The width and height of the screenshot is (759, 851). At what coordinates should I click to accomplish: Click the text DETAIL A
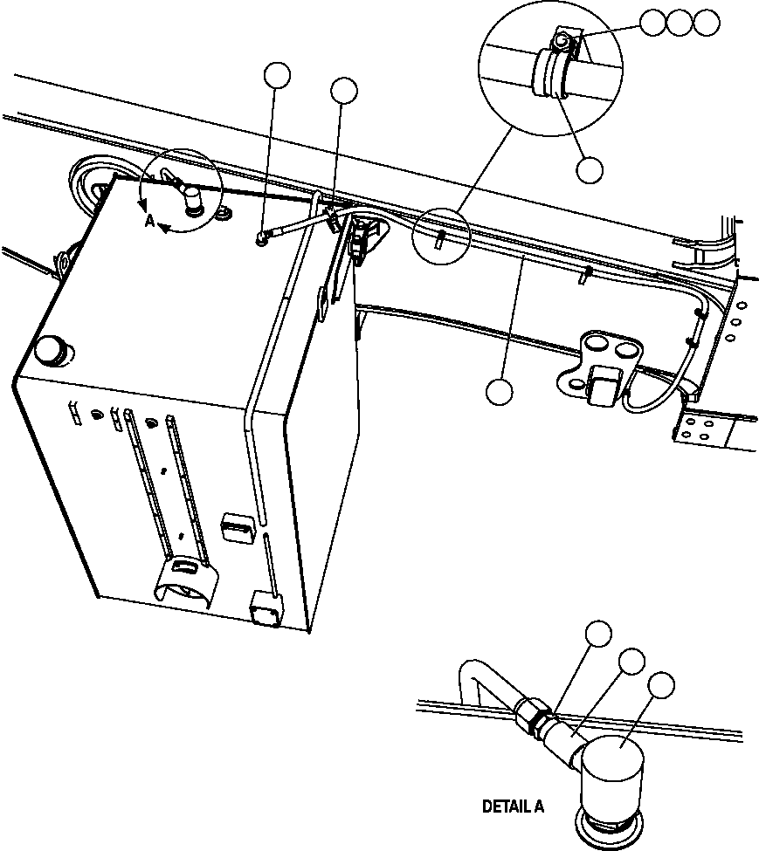tap(513, 807)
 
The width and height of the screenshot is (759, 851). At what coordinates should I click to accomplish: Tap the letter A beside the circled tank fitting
tap(149, 223)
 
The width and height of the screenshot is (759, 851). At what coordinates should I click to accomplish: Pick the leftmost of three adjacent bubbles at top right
tap(652, 23)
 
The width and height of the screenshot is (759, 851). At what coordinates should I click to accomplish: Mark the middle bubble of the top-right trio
tap(680, 23)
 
